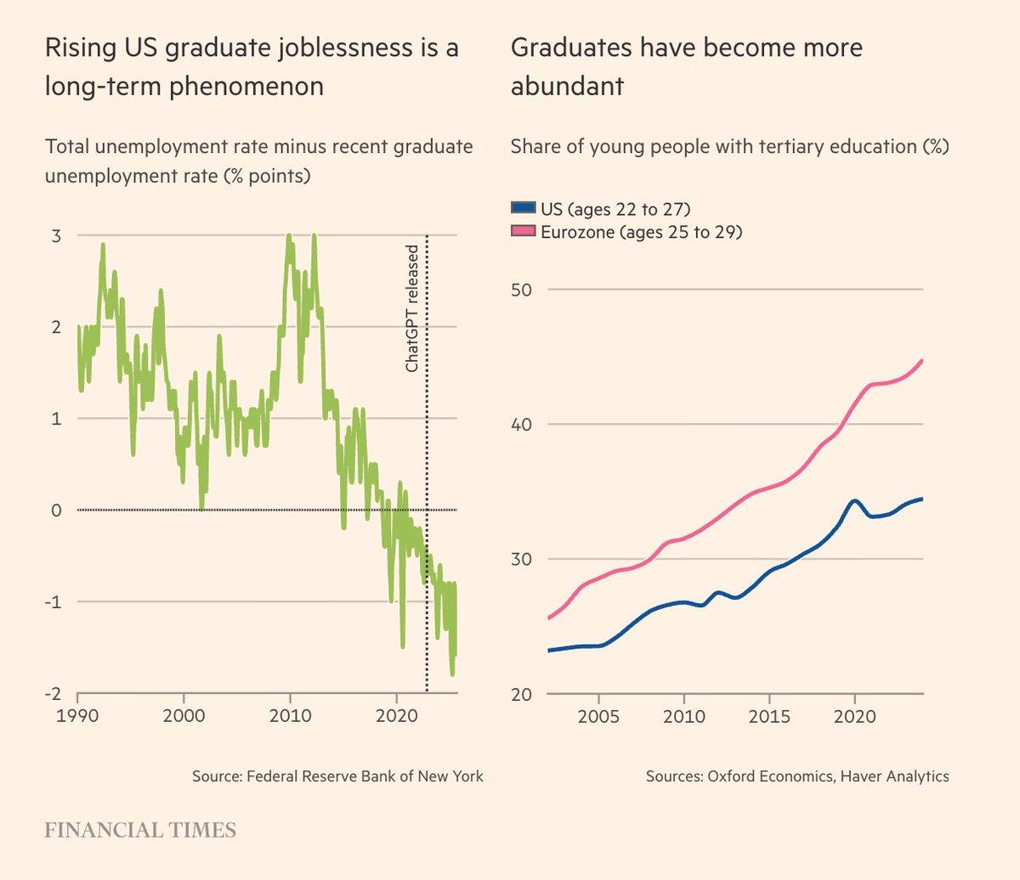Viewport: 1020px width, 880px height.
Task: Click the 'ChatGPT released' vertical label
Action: pyautogui.click(x=412, y=308)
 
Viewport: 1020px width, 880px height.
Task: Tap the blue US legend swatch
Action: pyautogui.click(x=524, y=208)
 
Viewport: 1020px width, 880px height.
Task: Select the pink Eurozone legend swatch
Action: pyautogui.click(x=524, y=231)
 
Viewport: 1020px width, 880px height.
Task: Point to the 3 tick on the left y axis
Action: pyautogui.click(x=56, y=235)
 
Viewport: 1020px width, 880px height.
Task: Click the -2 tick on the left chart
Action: pyautogui.click(x=53, y=694)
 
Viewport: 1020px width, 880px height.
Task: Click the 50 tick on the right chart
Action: pyautogui.click(x=521, y=290)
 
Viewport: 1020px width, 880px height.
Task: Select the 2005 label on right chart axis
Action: pyautogui.click(x=599, y=716)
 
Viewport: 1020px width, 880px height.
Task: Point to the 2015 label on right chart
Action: pyautogui.click(x=770, y=716)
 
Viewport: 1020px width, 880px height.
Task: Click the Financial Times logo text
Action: pyautogui.click(x=140, y=830)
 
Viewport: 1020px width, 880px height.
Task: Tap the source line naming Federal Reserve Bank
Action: pyautogui.click(x=337, y=776)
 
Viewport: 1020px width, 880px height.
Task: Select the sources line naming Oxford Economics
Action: pyautogui.click(x=797, y=776)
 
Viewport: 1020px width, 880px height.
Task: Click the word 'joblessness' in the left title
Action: pyautogui.click(x=340, y=48)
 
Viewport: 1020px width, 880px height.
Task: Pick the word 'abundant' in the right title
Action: pyautogui.click(x=567, y=86)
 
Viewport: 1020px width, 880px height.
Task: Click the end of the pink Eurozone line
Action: pyautogui.click(x=922, y=360)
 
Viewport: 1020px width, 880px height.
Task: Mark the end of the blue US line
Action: pyautogui.click(x=922, y=499)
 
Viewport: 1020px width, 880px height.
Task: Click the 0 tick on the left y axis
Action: pyautogui.click(x=56, y=511)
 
